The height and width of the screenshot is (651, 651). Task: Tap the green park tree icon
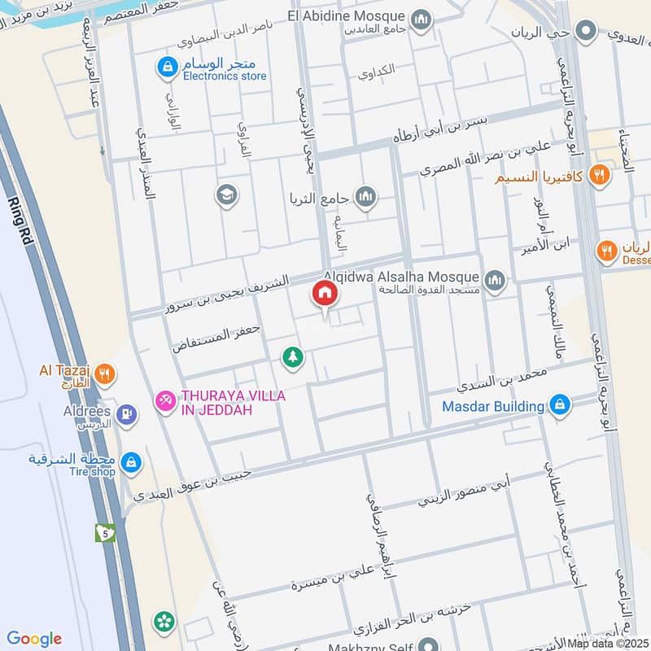click(293, 356)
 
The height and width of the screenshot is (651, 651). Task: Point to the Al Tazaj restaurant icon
click(104, 375)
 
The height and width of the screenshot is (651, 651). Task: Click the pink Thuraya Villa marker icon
click(166, 402)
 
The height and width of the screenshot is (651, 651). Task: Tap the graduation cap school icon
click(226, 194)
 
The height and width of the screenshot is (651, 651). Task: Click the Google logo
click(34, 639)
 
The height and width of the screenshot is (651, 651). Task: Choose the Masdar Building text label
click(493, 406)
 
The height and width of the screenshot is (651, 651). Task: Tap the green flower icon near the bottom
click(164, 623)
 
